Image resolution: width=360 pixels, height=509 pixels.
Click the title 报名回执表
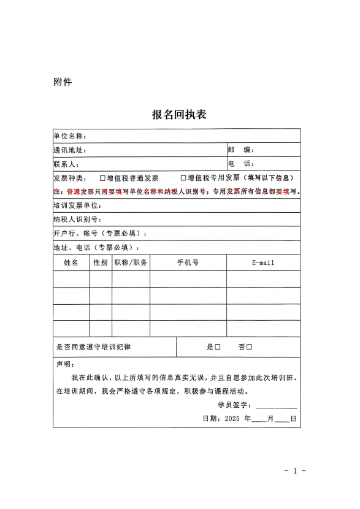point(179,114)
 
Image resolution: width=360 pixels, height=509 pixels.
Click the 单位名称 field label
point(69,136)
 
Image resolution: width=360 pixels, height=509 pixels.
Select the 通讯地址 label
point(69,150)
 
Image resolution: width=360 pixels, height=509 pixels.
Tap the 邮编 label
point(240,150)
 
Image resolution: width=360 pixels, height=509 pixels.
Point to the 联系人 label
point(66,164)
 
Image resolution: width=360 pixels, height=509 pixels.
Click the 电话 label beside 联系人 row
point(240,164)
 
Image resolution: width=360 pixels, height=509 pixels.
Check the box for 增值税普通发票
point(103,178)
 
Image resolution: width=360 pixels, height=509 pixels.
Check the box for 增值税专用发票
point(183,178)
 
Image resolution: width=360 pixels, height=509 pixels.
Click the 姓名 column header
point(71,262)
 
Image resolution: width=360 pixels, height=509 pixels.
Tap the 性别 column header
point(101,262)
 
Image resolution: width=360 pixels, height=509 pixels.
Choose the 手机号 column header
point(188,262)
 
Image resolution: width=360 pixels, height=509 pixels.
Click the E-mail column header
point(263,262)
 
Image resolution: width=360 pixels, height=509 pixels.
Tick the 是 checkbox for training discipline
point(218,347)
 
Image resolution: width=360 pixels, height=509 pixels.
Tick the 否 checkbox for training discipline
point(250,347)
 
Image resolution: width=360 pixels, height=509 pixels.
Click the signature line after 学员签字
point(277,406)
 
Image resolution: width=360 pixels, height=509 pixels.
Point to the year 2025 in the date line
point(232,419)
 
